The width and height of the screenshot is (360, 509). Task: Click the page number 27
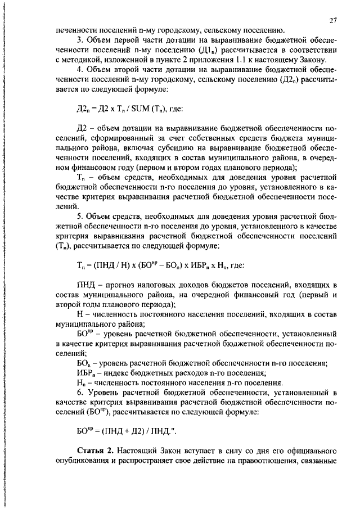[332, 20]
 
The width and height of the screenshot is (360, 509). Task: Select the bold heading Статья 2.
[96, 451]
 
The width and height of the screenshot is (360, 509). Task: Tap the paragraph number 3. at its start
[80, 41]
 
